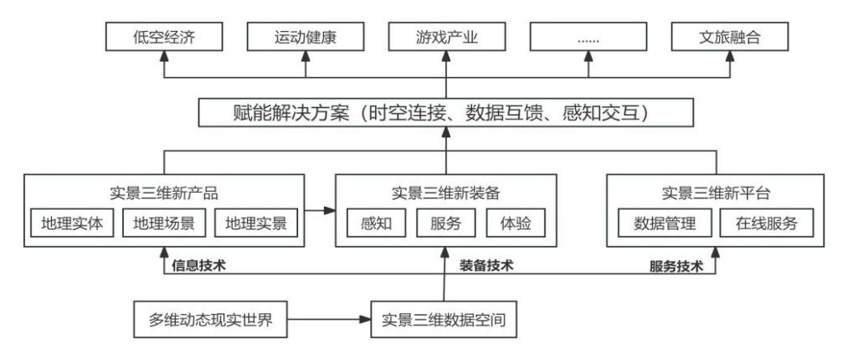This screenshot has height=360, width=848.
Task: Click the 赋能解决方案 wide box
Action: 445,111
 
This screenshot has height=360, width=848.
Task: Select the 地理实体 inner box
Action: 72,224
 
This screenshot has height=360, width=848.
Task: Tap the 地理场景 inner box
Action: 164,224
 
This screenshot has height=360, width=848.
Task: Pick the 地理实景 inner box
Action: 256,224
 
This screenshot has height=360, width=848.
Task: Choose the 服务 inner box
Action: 445,224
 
